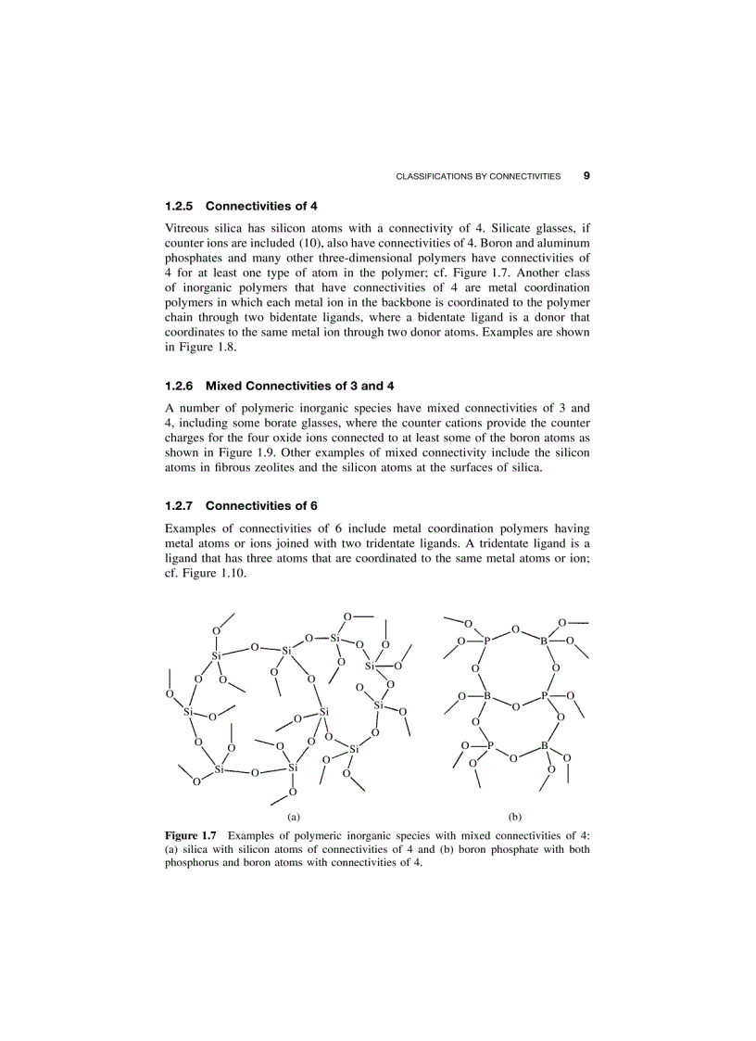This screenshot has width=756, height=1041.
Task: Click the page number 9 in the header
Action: [586, 175]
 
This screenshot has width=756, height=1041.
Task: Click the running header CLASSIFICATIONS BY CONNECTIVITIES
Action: [478, 176]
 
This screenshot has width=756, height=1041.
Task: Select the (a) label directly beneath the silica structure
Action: [294, 817]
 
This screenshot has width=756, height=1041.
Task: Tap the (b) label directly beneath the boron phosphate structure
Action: [515, 817]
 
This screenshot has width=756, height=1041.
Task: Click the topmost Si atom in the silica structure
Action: [335, 638]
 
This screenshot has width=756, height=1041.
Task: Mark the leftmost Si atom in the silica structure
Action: [188, 712]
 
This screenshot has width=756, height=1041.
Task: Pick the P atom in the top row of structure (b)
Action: [487, 641]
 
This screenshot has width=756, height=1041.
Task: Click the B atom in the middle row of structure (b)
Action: [487, 697]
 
